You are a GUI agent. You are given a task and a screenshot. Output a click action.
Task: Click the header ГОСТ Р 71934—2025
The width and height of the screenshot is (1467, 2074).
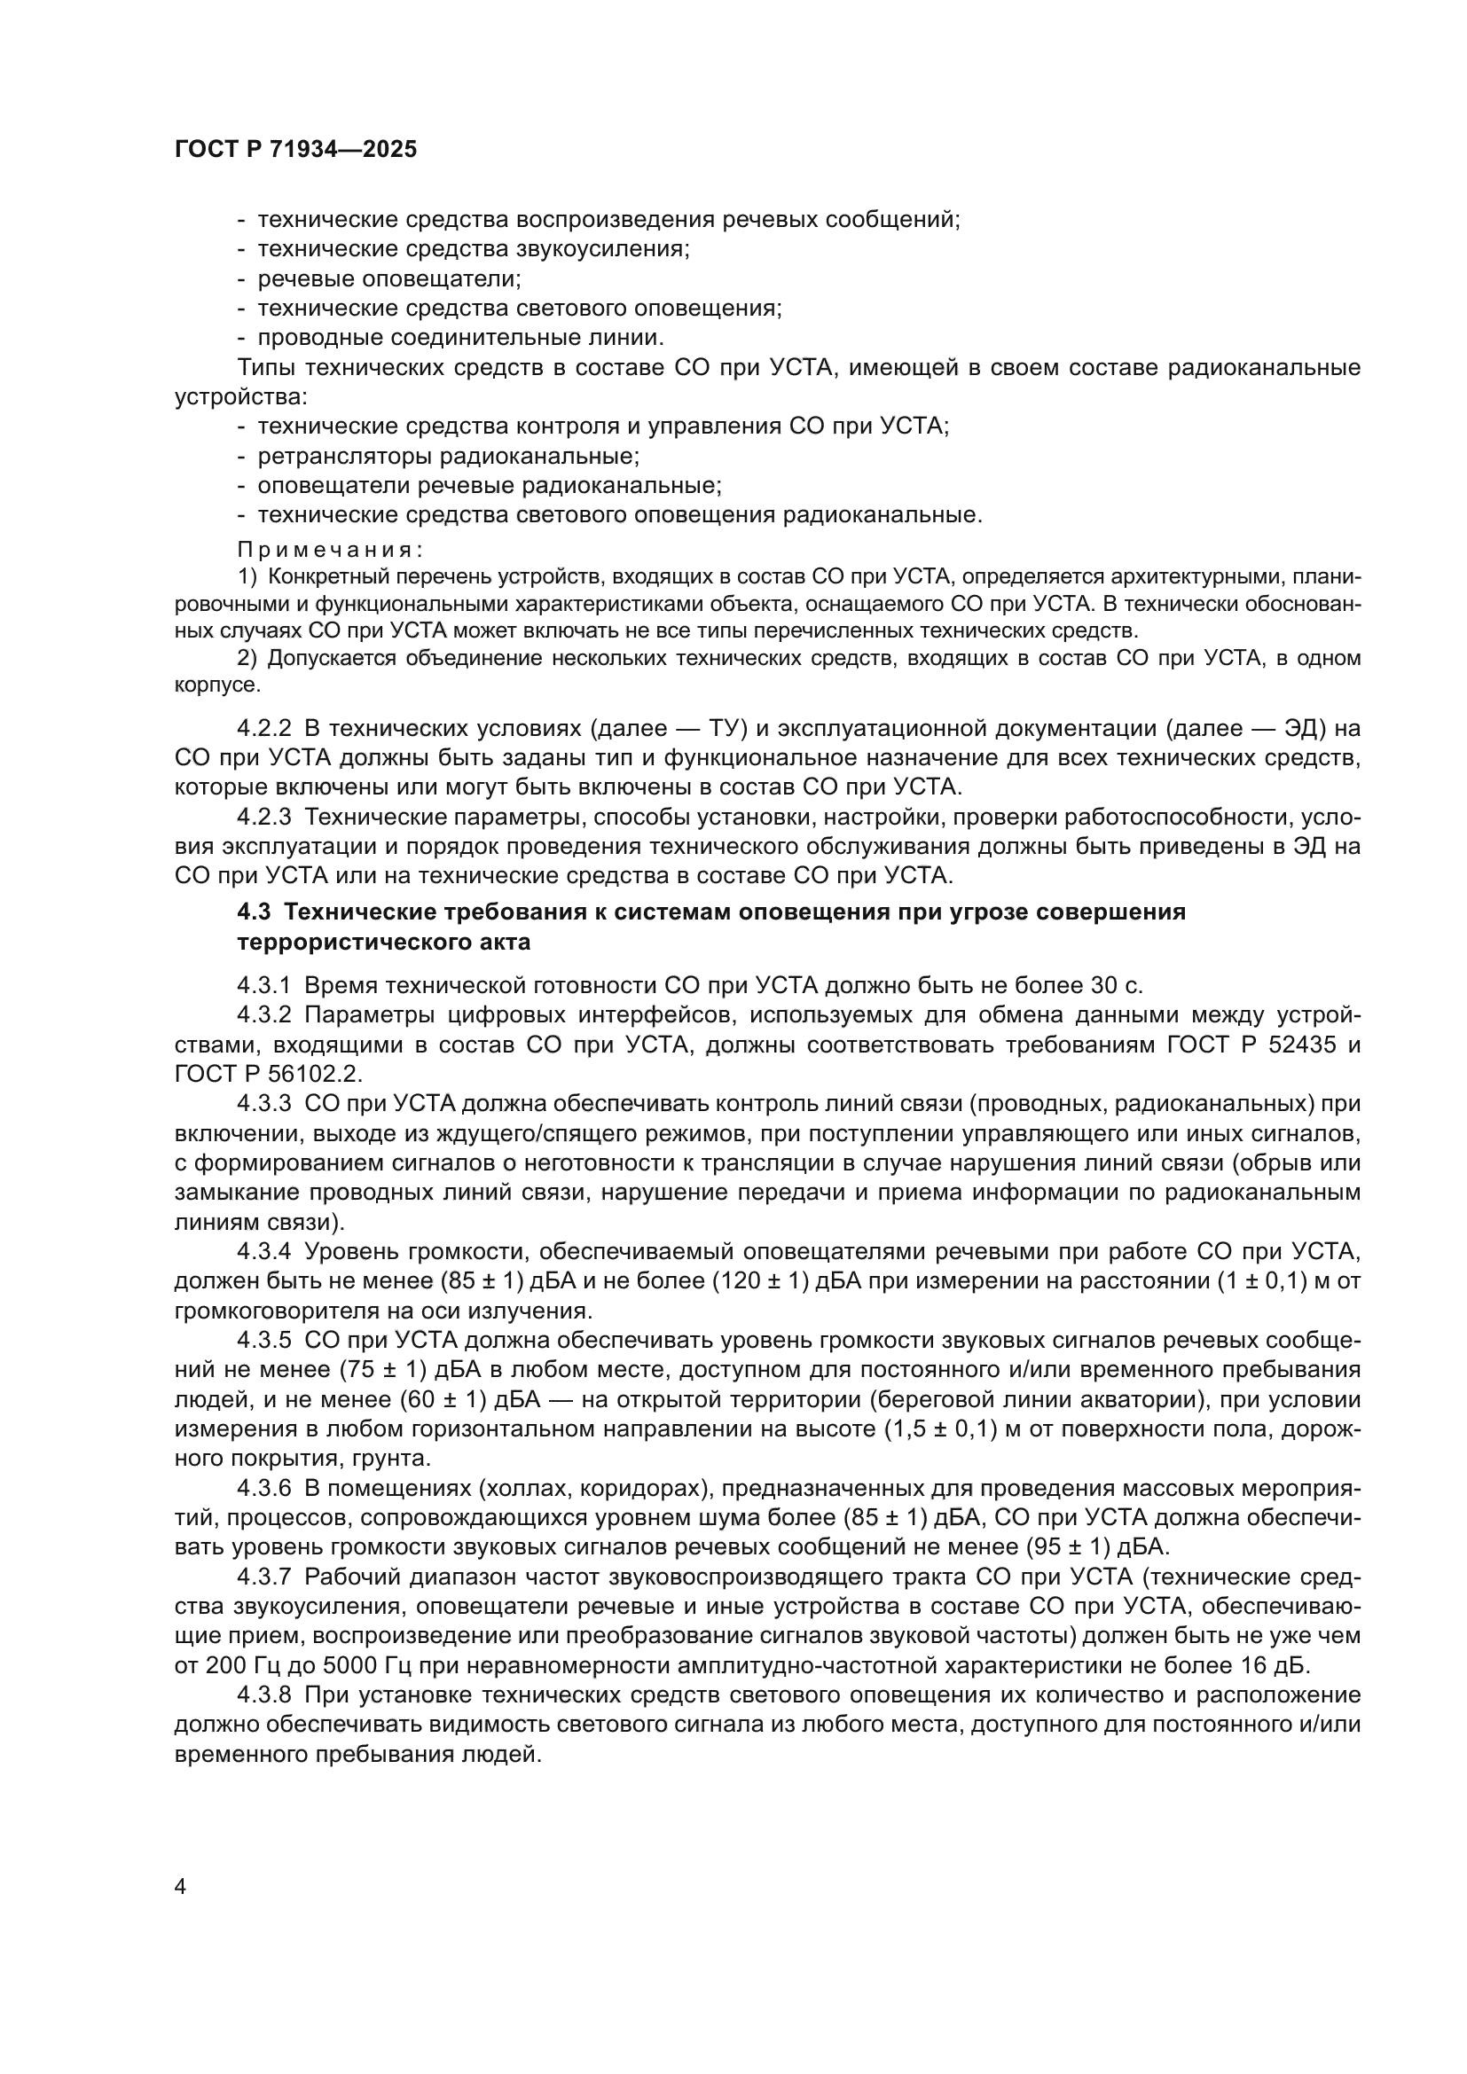tap(295, 150)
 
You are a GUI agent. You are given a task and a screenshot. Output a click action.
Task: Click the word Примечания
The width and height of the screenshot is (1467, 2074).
tap(331, 549)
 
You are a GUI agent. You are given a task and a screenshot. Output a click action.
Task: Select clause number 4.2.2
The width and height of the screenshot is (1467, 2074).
tap(263, 728)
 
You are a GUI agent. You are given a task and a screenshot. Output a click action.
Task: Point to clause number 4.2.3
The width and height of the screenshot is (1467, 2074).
tap(263, 818)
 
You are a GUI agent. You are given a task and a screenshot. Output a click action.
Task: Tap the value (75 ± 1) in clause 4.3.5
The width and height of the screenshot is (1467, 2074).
tap(386, 1369)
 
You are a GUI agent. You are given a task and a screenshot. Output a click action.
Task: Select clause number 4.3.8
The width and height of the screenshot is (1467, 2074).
tap(263, 1694)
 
